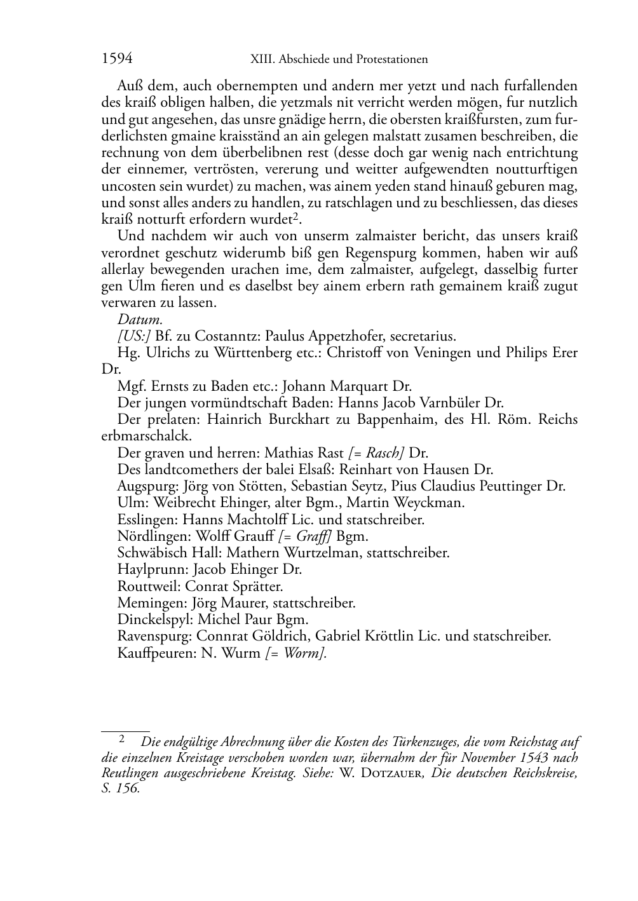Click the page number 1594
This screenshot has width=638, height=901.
[117, 59]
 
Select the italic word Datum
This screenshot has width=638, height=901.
[140, 320]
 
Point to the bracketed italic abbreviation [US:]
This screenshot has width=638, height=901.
[134, 336]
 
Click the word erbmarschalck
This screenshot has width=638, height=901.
[146, 436]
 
